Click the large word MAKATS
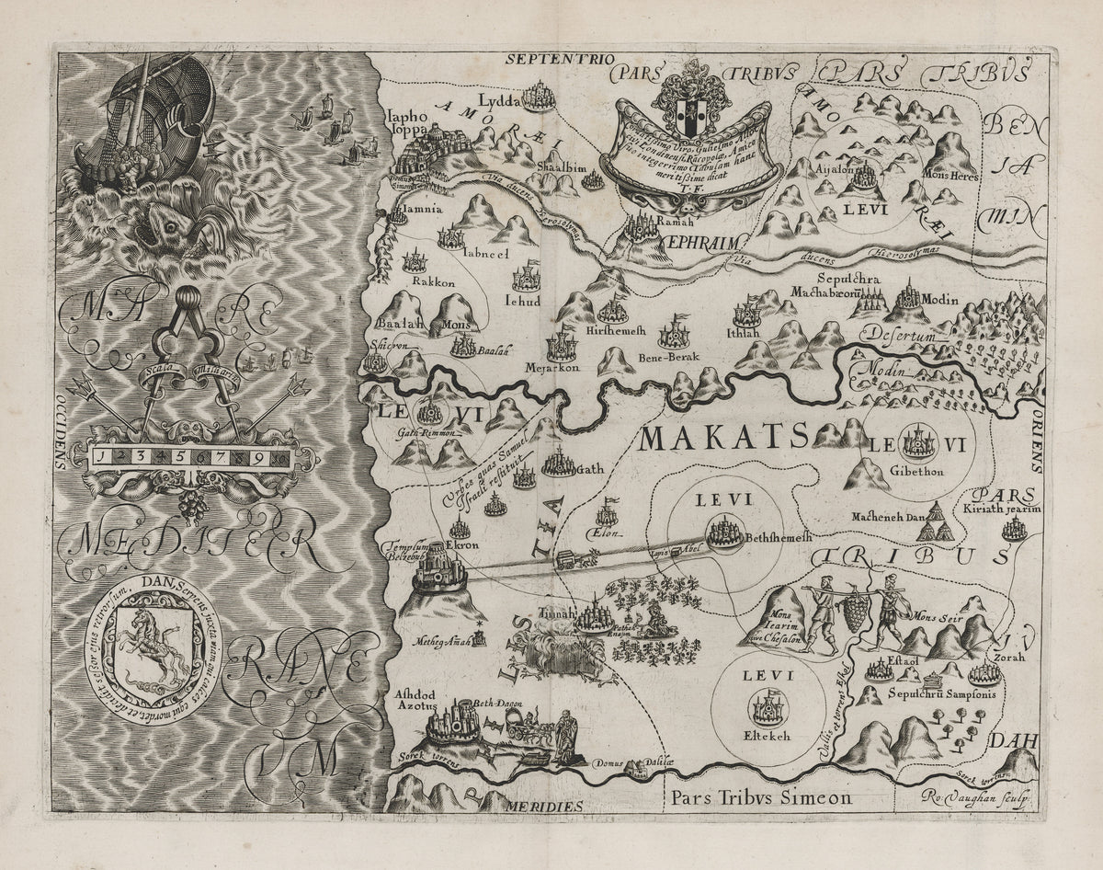[x=722, y=437]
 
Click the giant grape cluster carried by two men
[x=855, y=610]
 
